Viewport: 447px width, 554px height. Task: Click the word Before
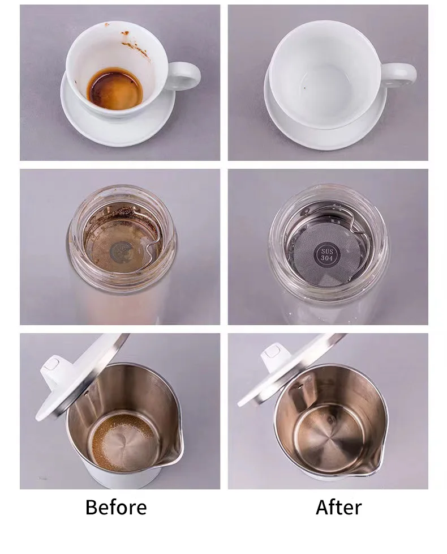pyautogui.click(x=116, y=507)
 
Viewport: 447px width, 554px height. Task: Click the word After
pyautogui.click(x=338, y=507)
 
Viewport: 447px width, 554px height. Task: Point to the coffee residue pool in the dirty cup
pyautogui.click(x=114, y=88)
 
